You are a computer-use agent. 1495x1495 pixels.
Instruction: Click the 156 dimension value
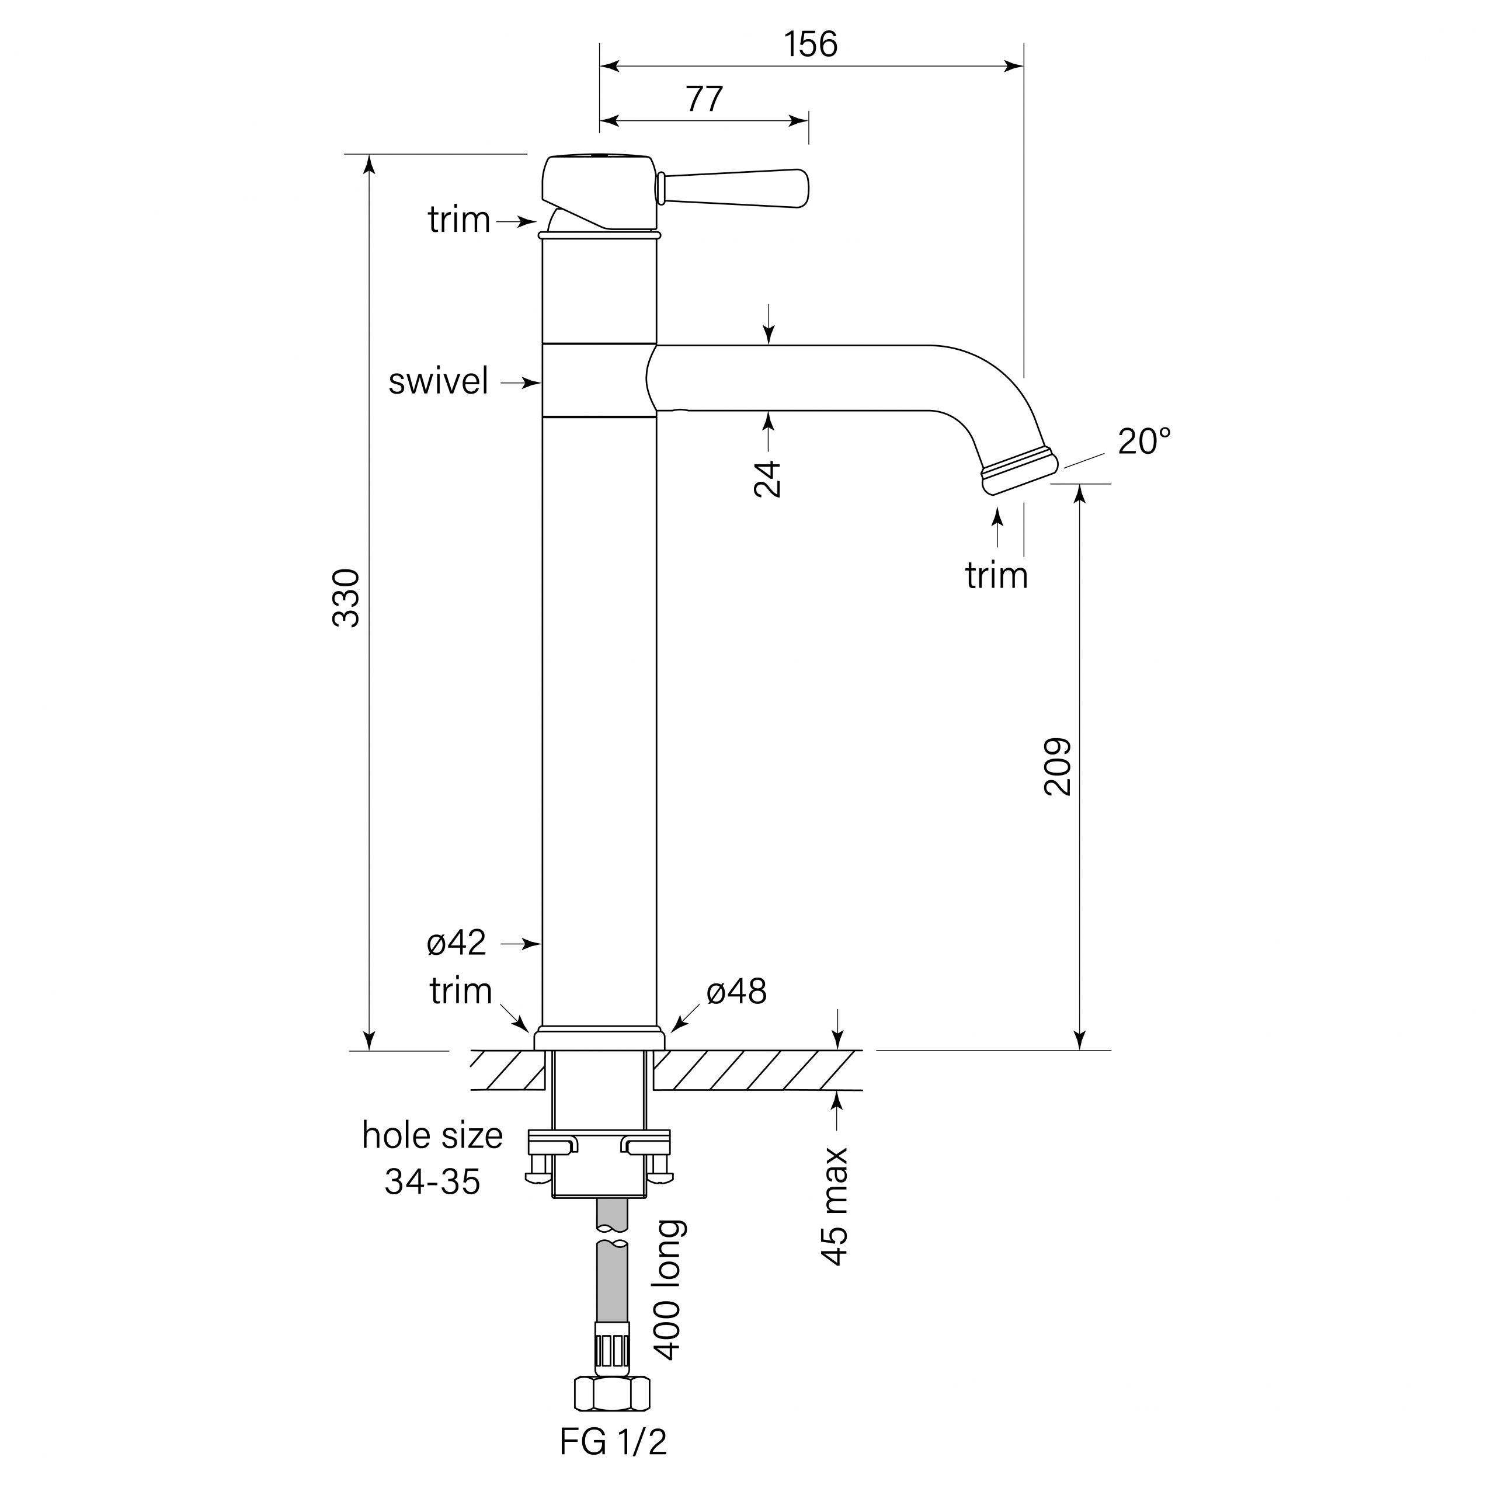[x=810, y=44]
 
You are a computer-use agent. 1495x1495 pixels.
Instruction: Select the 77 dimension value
[x=704, y=99]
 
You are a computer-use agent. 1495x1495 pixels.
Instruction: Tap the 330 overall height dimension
[x=346, y=597]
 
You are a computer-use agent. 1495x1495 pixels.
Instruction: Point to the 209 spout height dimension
[x=1058, y=766]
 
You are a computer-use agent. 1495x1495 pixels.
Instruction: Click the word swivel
[x=438, y=381]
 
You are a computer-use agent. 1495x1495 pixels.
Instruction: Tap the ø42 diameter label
[x=457, y=943]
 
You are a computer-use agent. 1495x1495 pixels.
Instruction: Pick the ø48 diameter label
[x=736, y=991]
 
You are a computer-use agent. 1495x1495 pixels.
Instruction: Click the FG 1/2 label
[x=613, y=1442]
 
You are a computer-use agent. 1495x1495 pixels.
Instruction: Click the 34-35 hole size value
[x=433, y=1181]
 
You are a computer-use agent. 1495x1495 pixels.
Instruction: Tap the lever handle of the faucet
[x=735, y=189]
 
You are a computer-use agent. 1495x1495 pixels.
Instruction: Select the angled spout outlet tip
[x=1019, y=472]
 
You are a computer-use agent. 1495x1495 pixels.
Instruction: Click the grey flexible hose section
[x=612, y=1285]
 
